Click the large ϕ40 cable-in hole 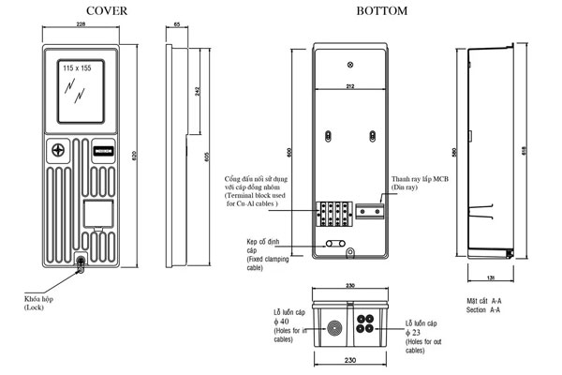pyautogui.click(x=333, y=330)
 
